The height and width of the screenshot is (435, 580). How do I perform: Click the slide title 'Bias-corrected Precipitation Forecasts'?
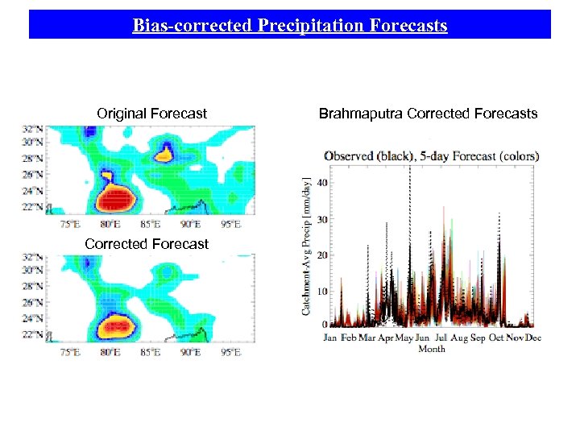pyautogui.click(x=290, y=26)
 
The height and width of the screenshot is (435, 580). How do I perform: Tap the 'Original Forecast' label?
pyautogui.click(x=151, y=114)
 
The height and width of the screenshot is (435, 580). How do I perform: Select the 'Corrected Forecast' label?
pyautogui.click(x=146, y=244)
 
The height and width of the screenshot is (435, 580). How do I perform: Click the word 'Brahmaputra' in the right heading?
pyautogui.click(x=361, y=114)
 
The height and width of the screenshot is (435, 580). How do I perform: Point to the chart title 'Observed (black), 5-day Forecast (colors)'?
pyautogui.click(x=431, y=155)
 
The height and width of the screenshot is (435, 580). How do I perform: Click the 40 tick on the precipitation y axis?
pyautogui.click(x=321, y=183)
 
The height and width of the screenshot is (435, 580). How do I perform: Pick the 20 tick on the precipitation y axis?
pyautogui.click(x=321, y=255)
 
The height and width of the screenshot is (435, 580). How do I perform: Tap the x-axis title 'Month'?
pyautogui.click(x=432, y=349)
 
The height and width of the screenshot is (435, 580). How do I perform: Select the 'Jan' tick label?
pyautogui.click(x=330, y=338)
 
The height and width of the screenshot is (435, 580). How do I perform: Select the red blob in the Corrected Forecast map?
pyautogui.click(x=118, y=327)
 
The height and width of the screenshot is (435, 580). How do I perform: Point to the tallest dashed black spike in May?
pyautogui.click(x=411, y=173)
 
